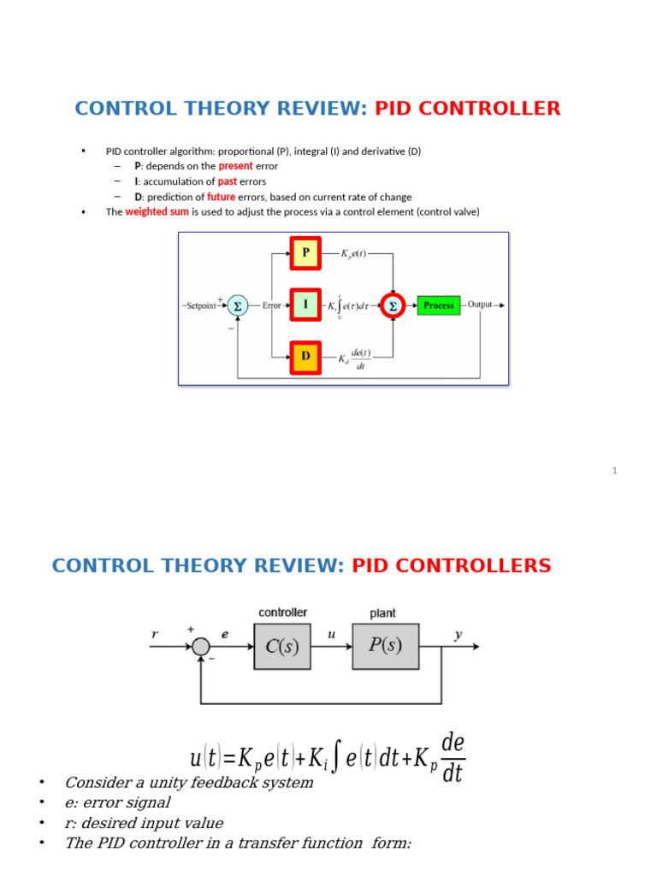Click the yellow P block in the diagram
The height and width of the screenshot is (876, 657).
pos(305,253)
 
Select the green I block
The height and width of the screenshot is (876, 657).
pos(305,305)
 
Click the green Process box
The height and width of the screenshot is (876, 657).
pos(438,305)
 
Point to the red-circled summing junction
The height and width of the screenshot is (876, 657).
pos(393,305)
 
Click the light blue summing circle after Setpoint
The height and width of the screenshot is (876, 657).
pos(238,305)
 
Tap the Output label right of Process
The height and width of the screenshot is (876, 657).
pos(480,305)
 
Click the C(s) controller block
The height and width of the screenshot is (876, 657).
pos(282,646)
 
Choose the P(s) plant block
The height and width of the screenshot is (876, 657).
pos(385,646)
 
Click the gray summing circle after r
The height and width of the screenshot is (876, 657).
pos(201,647)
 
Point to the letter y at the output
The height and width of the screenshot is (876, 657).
pos(459,635)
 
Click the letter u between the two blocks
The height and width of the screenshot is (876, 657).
pos(332,635)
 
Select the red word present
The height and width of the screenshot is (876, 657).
pos(235,166)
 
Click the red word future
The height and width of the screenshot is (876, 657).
pos(221,197)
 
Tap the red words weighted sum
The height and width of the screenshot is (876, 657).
pos(157,212)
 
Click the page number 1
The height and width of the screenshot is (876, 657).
pos(614,471)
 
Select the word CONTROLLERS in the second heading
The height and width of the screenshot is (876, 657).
pos(452,566)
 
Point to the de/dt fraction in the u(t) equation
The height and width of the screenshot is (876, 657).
pos(453,758)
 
